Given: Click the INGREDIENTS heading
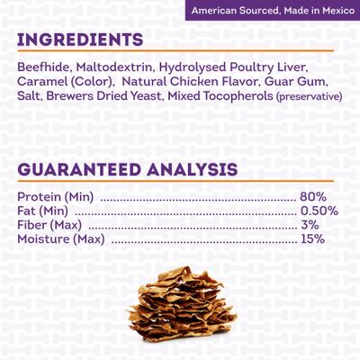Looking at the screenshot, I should pos(79,40).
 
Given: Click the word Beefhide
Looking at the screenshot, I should pos(42,67).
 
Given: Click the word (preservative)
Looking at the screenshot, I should pos(309,95).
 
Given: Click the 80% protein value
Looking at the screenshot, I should pos(313,197).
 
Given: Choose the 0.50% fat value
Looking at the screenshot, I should pos(319,211).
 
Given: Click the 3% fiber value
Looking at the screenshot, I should pos(310,224).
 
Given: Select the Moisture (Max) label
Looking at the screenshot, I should pos(60,238).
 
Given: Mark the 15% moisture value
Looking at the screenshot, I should pos(313,238).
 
